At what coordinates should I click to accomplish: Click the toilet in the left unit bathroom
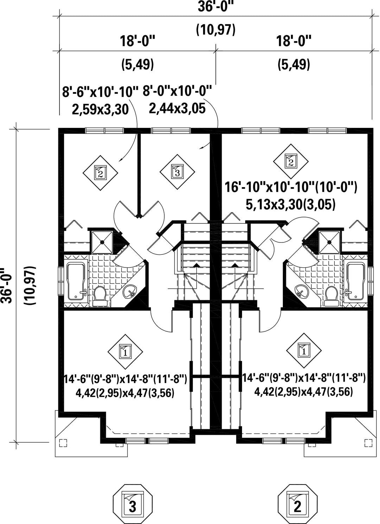[x=100, y=296]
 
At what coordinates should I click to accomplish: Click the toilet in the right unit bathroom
[x=331, y=296]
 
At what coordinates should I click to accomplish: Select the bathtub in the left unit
[x=76, y=281]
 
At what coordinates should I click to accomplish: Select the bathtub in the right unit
[x=355, y=281]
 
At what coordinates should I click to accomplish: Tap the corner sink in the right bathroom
[x=301, y=291]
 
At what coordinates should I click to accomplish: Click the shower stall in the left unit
[x=102, y=242]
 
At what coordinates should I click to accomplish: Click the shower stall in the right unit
[x=329, y=242]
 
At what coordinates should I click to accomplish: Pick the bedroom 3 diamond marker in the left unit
[x=177, y=172]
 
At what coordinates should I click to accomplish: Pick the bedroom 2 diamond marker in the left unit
[x=100, y=173]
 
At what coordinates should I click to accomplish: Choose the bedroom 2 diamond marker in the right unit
[x=291, y=161]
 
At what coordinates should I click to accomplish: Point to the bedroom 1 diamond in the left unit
[x=125, y=352]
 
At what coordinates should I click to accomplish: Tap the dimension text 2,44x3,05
[x=177, y=108]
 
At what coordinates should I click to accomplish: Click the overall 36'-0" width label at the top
[x=216, y=7]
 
